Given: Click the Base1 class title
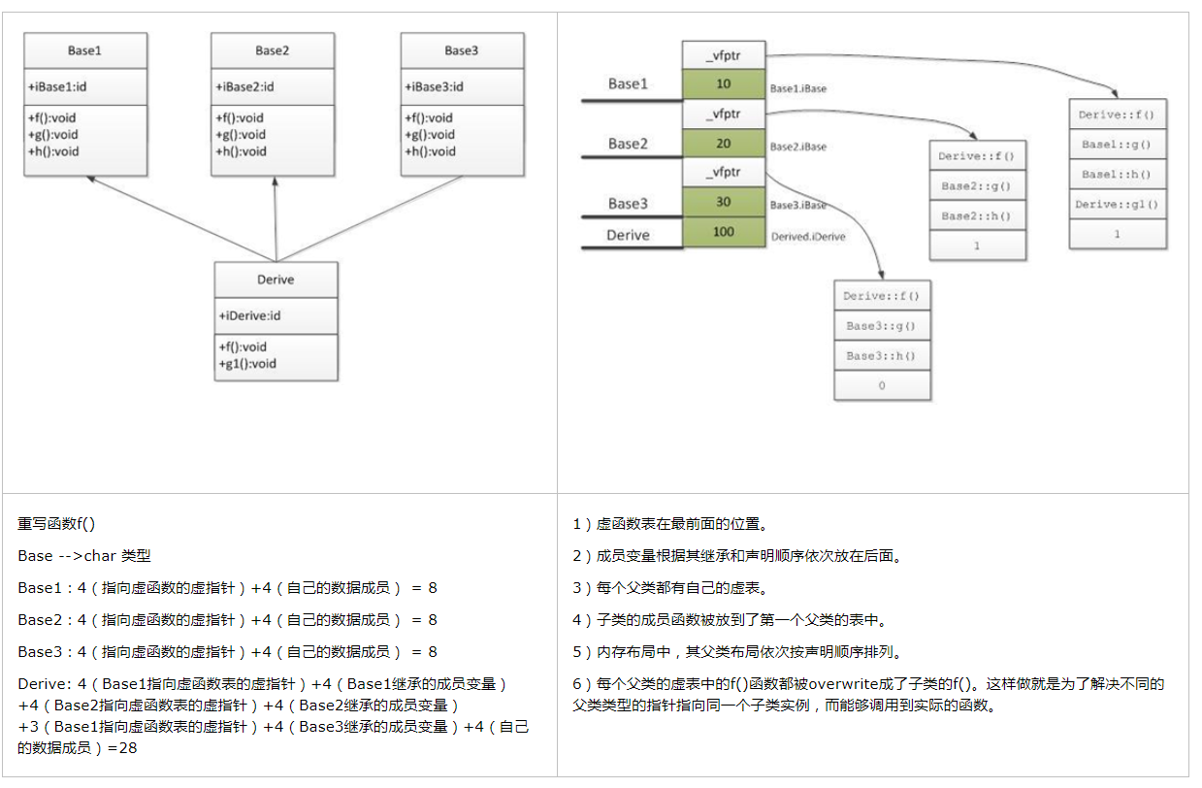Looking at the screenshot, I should coord(84,51).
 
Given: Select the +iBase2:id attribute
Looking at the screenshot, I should coord(244,87).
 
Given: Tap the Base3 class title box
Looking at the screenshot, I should coord(462,51).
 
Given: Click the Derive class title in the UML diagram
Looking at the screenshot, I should coord(276,279).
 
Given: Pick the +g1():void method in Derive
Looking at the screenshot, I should coord(247,364).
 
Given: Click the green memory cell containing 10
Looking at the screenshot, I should coord(724,84).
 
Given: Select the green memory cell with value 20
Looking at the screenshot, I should coord(724,144).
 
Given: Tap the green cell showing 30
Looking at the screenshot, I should coord(724,203).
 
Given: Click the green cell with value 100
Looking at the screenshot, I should coord(724,232).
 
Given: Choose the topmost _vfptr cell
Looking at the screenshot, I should coord(724,55).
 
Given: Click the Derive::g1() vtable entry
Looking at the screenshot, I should coord(1118,205).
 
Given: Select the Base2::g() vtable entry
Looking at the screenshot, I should coord(977,185).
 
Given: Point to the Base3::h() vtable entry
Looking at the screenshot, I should coord(881,356).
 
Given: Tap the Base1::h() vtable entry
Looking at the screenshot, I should coord(1118,175).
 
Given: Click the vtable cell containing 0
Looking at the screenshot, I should coord(881,385).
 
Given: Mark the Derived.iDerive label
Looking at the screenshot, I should coord(807,236).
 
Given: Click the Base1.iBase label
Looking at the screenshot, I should coord(797,88).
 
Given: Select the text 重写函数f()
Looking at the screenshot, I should coord(56,524).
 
